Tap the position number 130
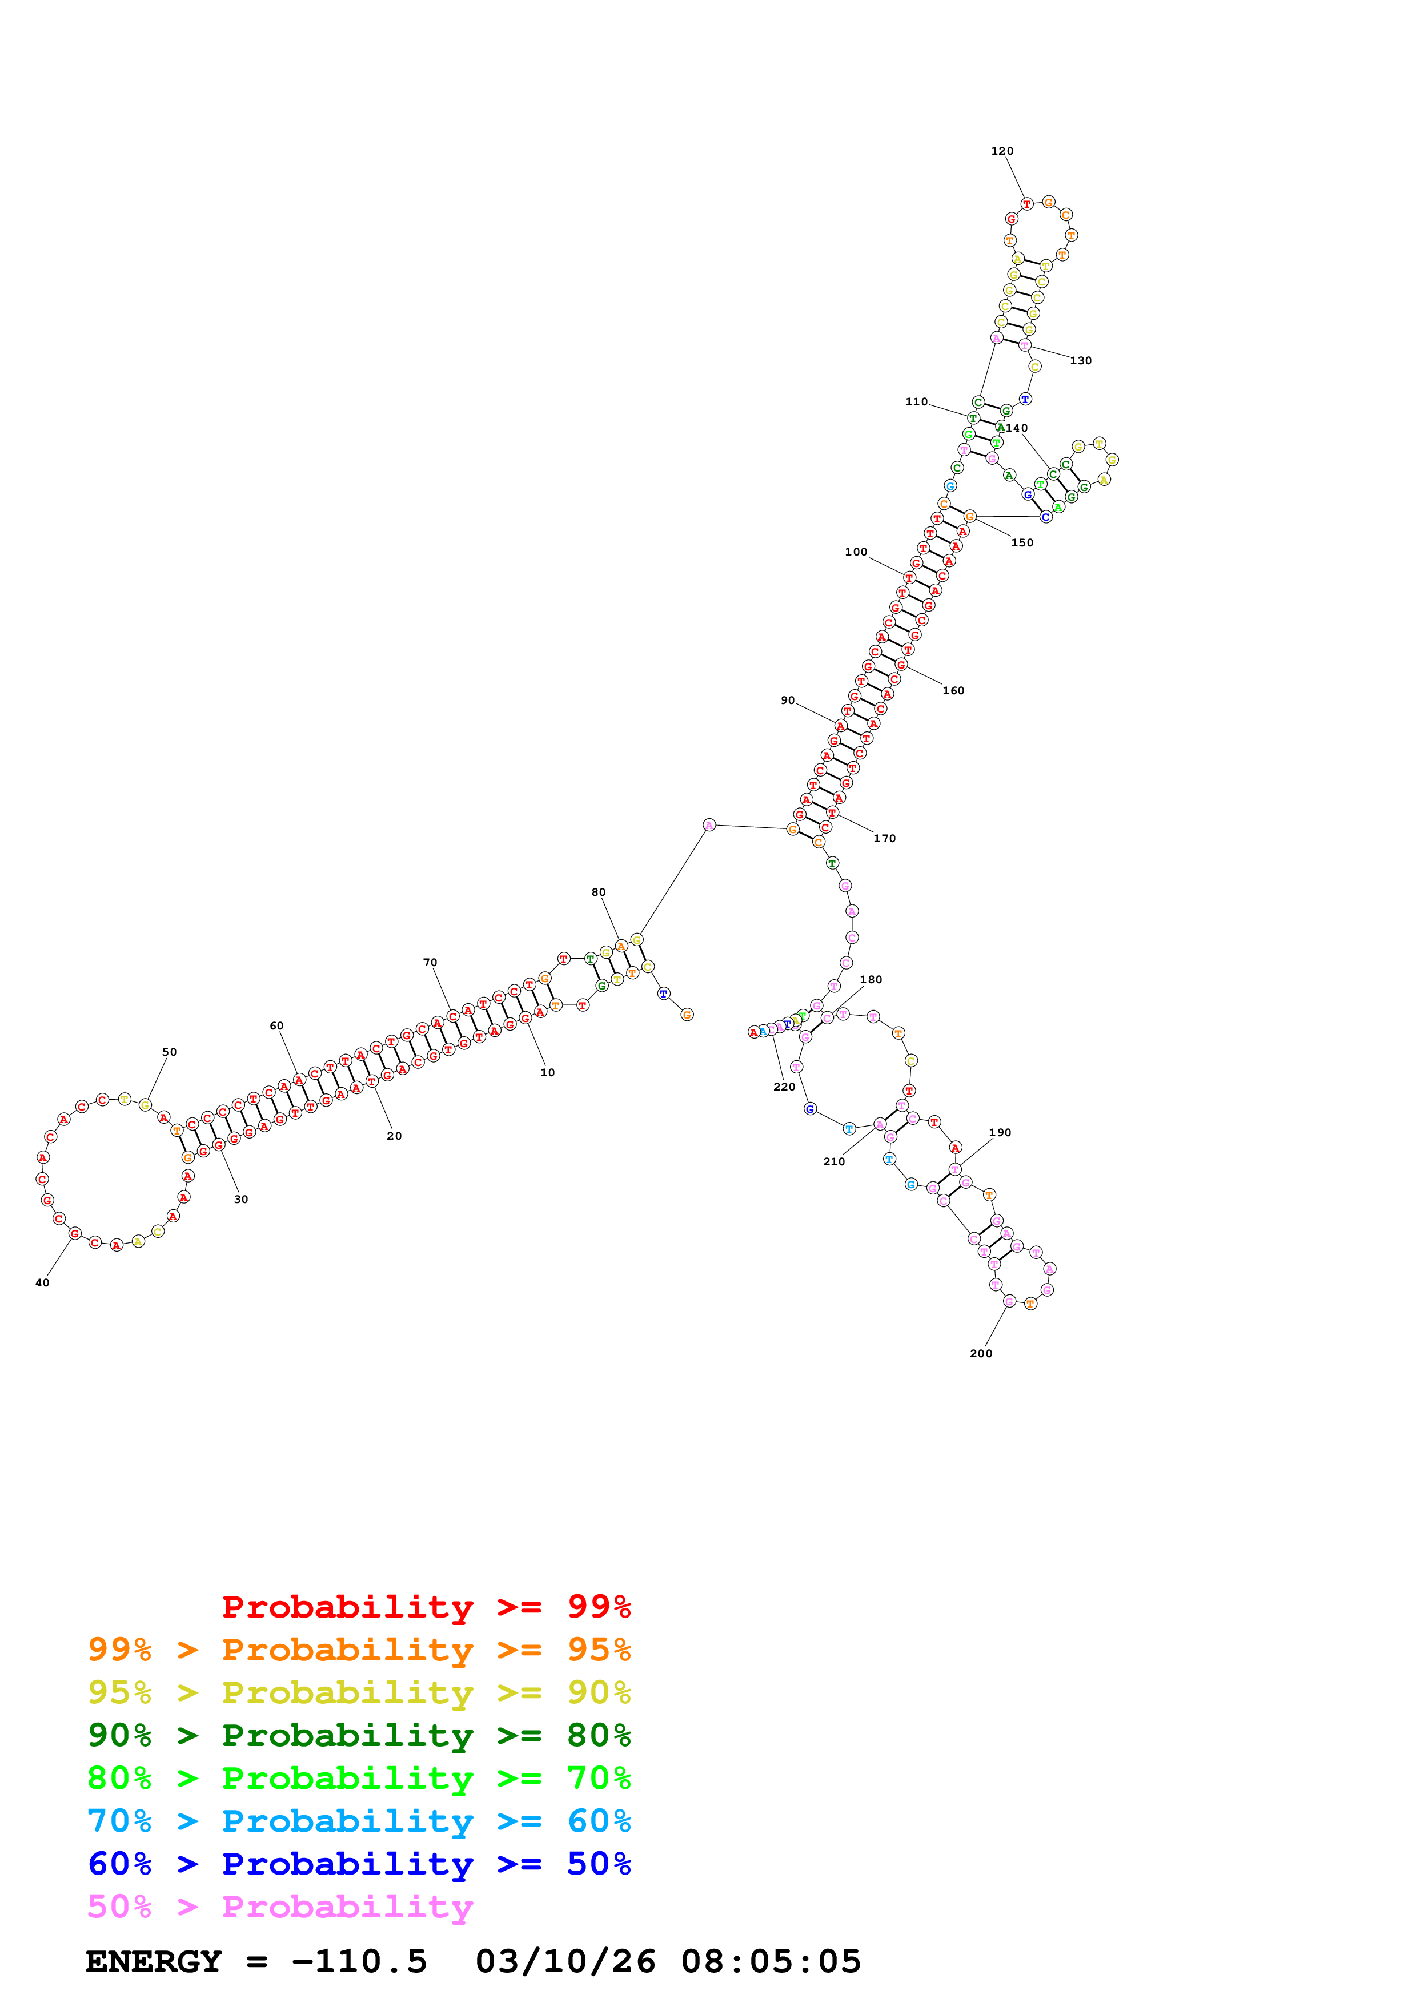click(1080, 360)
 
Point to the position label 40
click(42, 1282)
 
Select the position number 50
click(169, 1052)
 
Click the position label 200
click(981, 1353)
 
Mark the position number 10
click(547, 1072)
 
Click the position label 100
click(856, 552)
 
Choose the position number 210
click(833, 1161)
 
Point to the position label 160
click(953, 691)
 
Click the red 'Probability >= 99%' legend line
click(426, 1607)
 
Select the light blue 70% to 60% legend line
click(359, 1821)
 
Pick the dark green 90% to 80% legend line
click(359, 1735)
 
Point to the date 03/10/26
click(565, 1962)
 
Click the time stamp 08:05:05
click(771, 1962)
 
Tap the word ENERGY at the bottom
click(154, 1962)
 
